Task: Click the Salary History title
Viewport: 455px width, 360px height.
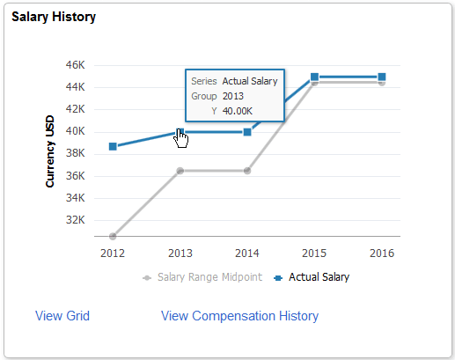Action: click(x=54, y=17)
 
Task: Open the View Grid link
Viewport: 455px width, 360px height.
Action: click(x=62, y=316)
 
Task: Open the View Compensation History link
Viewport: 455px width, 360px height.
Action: click(x=239, y=316)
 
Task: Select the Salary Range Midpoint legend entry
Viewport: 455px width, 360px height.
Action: click(x=209, y=277)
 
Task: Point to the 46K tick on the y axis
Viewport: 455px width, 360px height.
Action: click(x=74, y=65)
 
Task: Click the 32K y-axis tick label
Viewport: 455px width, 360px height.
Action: click(x=74, y=219)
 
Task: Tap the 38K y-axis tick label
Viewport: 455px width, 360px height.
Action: click(x=74, y=153)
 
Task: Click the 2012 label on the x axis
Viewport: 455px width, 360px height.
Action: click(x=113, y=253)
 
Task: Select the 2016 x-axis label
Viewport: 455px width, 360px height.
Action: click(x=381, y=253)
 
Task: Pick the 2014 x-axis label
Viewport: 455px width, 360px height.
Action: click(x=247, y=253)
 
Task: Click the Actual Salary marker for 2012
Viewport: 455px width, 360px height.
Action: click(x=113, y=146)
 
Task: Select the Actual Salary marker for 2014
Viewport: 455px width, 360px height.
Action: click(x=247, y=132)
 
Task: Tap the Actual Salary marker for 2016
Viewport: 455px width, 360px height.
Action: click(x=381, y=77)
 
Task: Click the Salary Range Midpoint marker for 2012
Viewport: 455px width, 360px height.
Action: click(x=113, y=236)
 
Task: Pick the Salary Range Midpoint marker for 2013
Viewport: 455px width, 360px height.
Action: click(x=180, y=171)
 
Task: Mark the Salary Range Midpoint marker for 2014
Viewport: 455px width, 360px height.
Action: click(x=247, y=171)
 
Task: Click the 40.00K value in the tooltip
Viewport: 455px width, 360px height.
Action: click(x=237, y=111)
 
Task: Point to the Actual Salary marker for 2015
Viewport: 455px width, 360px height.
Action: click(x=314, y=77)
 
